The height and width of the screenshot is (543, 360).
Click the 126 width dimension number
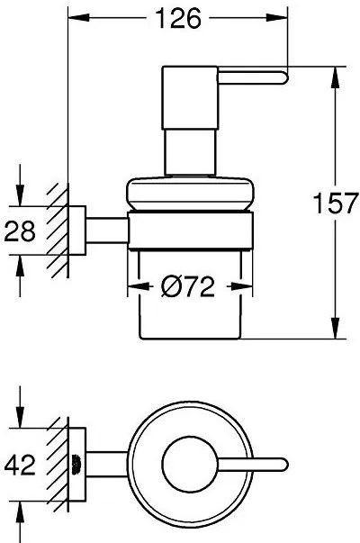tap(178, 18)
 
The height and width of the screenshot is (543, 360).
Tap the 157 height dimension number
tap(335, 204)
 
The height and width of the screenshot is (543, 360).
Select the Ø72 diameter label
tap(188, 286)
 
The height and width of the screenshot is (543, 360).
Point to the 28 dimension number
tap(20, 231)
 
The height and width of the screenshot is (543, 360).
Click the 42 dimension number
tap(20, 465)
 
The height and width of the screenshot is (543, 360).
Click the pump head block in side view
tap(190, 97)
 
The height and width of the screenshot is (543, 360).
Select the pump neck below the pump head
tap(190, 152)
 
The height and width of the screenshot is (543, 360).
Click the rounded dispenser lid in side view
tap(190, 194)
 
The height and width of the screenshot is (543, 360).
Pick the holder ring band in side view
tap(191, 231)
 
